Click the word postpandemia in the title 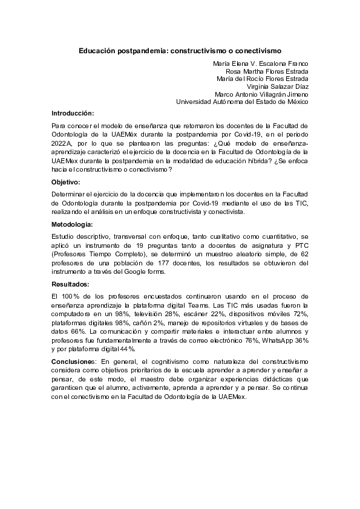144,51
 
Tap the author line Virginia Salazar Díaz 273,86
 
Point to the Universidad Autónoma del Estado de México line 242,102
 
